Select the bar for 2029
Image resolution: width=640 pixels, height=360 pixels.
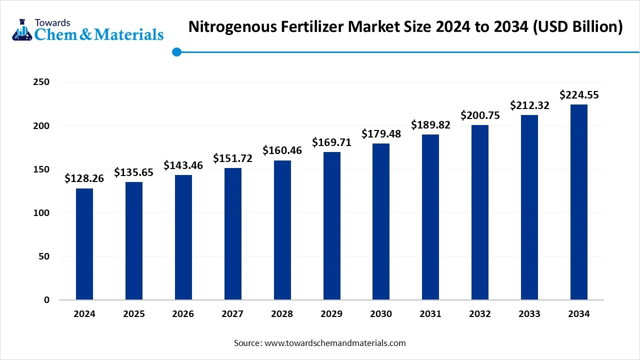(x=332, y=226)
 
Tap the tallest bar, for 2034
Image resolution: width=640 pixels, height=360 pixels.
(x=579, y=202)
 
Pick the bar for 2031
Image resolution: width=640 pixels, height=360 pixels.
(x=430, y=217)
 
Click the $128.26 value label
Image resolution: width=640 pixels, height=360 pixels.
(x=84, y=178)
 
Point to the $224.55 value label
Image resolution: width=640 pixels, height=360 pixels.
(x=579, y=94)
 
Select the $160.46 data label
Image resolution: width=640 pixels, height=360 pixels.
(x=282, y=150)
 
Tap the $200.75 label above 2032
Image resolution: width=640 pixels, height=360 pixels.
(x=480, y=115)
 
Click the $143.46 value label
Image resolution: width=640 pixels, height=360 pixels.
(x=183, y=165)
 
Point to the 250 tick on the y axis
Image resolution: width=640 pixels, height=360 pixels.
(x=42, y=82)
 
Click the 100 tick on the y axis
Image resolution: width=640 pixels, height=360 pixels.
(x=42, y=213)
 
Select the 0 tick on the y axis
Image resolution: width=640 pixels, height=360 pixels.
(x=46, y=300)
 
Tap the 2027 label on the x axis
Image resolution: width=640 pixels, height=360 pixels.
(x=232, y=314)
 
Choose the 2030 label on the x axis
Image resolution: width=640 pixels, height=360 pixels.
(x=381, y=314)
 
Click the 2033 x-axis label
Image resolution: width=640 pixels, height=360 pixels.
(x=529, y=314)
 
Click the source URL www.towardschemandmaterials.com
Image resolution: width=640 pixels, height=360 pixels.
(x=334, y=343)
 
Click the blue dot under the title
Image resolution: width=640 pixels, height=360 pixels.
(x=176, y=52)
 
